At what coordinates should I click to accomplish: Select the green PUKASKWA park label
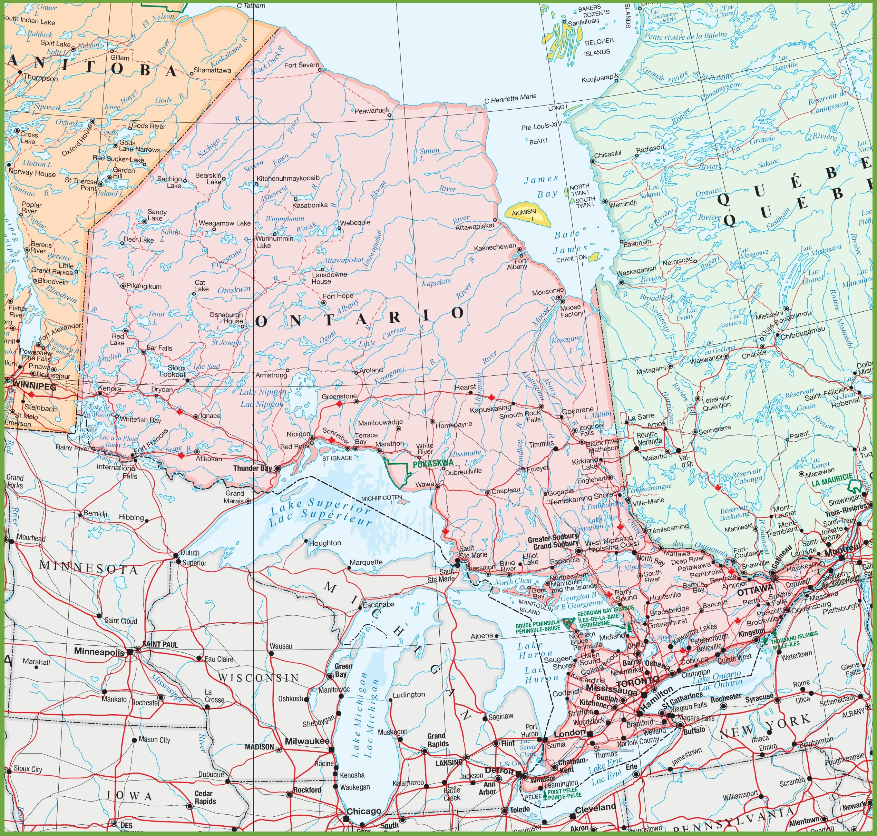[x=433, y=463]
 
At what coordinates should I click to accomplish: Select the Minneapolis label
[x=99, y=652]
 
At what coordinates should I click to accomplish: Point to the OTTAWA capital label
[x=755, y=590]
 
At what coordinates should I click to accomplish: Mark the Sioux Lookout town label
[x=176, y=371]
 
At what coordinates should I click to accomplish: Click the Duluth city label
[x=190, y=553]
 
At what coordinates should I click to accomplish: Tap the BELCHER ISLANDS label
[x=598, y=46]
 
